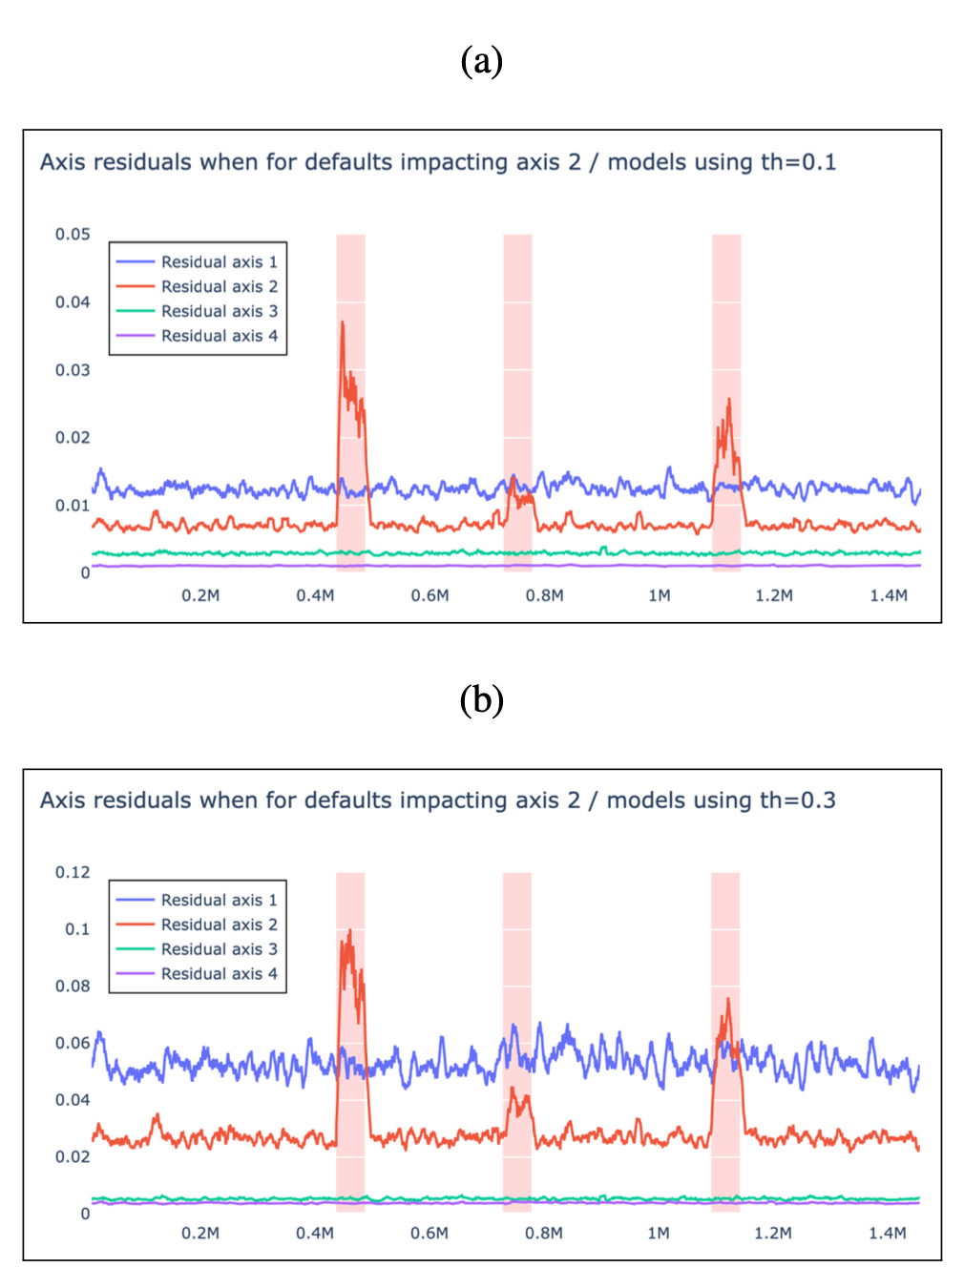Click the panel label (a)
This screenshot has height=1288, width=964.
tap(481, 60)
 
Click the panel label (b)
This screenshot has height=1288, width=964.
tap(481, 699)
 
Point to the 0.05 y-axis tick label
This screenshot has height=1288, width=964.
tap(73, 234)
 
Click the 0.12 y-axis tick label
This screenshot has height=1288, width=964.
tap(73, 872)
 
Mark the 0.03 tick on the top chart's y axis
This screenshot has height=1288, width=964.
tap(73, 370)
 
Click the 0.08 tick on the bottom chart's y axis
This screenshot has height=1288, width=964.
tap(73, 986)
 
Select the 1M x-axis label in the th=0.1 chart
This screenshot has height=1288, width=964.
tap(660, 595)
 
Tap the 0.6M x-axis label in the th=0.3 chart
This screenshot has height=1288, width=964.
tap(430, 1233)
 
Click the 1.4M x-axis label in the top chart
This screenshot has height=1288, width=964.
tap(889, 595)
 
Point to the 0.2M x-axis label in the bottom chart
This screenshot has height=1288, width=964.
tap(200, 1233)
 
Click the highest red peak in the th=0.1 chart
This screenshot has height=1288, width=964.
tap(343, 322)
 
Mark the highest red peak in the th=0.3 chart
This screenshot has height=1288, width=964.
tap(350, 930)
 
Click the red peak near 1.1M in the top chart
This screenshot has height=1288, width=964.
tap(729, 400)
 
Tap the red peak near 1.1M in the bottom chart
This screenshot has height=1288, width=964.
tap(728, 999)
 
